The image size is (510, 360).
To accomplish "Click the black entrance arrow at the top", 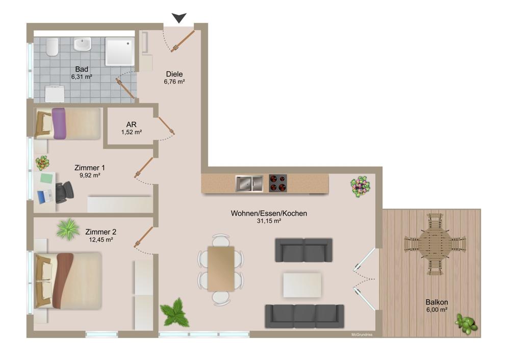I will click(x=178, y=18).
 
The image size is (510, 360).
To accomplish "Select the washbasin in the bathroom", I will click(x=82, y=45).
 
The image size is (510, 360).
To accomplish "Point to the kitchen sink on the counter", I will click(x=249, y=183).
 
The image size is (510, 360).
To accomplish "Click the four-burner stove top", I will click(x=278, y=183).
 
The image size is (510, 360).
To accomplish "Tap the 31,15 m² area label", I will click(x=269, y=221).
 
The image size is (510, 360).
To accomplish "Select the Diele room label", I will click(x=174, y=74).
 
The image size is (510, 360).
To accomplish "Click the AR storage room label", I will click(x=131, y=124).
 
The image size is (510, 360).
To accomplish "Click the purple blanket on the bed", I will click(x=60, y=123).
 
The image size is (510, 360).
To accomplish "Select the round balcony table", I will click(x=435, y=244).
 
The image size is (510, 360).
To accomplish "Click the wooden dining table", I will click(x=221, y=269).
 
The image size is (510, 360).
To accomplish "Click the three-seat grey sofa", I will click(x=304, y=316).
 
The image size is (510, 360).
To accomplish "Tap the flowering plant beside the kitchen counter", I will click(x=361, y=187).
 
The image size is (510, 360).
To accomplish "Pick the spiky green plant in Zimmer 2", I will click(x=68, y=229).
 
